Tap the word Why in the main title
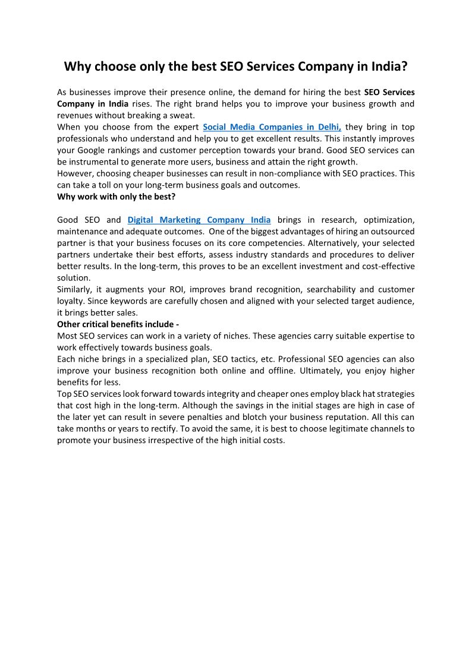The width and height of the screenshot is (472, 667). (77, 67)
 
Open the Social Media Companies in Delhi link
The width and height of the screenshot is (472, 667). (272, 127)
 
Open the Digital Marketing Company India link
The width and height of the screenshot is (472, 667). (199, 220)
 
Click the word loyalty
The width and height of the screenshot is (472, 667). (71, 301)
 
